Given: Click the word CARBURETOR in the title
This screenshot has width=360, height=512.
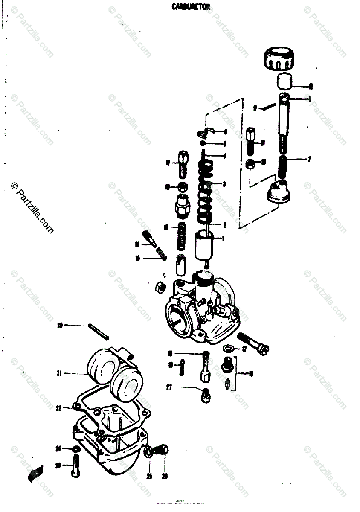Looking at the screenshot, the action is pyautogui.click(x=191, y=6).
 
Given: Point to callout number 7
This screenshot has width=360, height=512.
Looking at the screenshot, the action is pyautogui.click(x=310, y=160).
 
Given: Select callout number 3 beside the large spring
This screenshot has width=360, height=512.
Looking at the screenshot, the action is pyautogui.click(x=224, y=184).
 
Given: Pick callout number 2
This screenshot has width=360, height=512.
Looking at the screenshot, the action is pyautogui.click(x=224, y=224).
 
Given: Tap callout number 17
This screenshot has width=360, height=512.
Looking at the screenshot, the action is pyautogui.click(x=244, y=349).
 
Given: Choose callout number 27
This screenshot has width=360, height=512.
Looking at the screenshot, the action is pyautogui.click(x=169, y=387).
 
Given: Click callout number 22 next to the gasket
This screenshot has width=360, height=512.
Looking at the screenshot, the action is pyautogui.click(x=59, y=408).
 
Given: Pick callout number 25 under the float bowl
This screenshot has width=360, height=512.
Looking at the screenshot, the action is pyautogui.click(x=149, y=476).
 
